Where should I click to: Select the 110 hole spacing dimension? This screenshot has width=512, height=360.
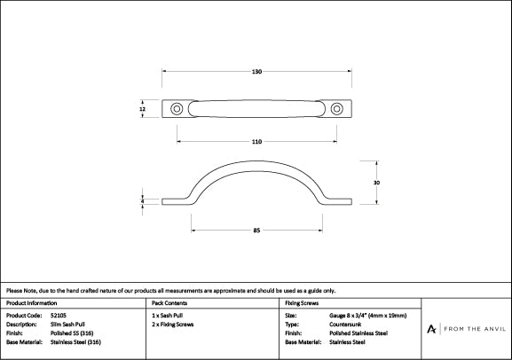pyautogui.click(x=256, y=141)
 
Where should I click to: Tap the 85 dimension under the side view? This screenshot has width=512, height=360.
pyautogui.click(x=256, y=231)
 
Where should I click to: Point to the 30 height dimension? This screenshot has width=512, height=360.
pyautogui.click(x=376, y=182)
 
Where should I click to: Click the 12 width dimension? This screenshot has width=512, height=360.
pyautogui.click(x=143, y=109)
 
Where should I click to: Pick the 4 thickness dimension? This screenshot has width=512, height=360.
pyautogui.click(x=143, y=202)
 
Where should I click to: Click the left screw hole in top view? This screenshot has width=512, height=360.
pyautogui.click(x=177, y=109)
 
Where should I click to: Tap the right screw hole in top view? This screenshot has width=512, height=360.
pyautogui.click(x=336, y=109)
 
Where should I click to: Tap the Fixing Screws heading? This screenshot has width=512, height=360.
pyautogui.click(x=302, y=303)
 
